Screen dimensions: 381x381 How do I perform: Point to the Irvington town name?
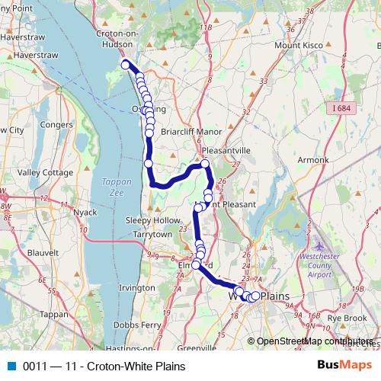tap(138, 288)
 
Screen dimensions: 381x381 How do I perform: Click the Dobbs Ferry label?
tap(136, 324)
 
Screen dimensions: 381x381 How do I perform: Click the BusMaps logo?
tap(340, 366)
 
